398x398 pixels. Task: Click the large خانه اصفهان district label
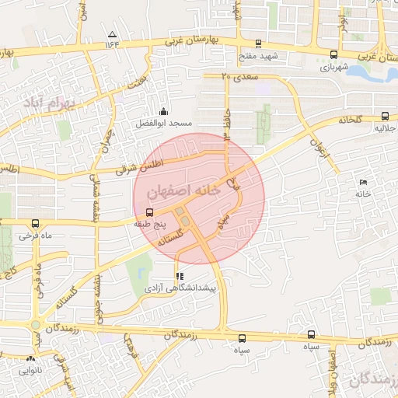tap(184, 190)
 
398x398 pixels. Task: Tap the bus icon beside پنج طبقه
tap(149, 212)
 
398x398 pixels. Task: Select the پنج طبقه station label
tap(151, 224)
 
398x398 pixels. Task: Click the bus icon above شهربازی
tap(334, 54)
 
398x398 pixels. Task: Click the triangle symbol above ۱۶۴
tap(112, 34)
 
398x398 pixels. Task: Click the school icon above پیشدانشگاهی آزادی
tap(180, 276)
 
